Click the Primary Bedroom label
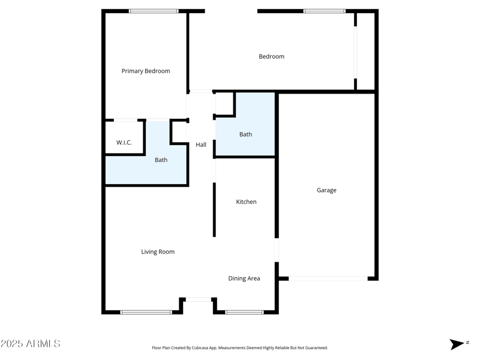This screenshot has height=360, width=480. tap(146, 71)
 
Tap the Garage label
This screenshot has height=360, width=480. tap(326, 190)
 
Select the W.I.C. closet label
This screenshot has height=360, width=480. tap(124, 142)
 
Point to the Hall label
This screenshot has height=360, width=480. tap(201, 145)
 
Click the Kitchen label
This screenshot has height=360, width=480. tap(246, 202)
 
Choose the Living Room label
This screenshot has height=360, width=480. tap(158, 252)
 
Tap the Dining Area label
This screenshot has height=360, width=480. tap(244, 278)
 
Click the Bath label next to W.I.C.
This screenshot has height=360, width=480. tap(161, 160)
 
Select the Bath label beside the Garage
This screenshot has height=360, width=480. tap(245, 134)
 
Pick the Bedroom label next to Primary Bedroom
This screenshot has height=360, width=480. tap(271, 56)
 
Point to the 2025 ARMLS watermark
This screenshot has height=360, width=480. tap(31, 344)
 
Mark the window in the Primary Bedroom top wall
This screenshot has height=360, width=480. tap(154, 11)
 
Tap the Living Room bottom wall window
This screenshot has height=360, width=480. tap(146, 312)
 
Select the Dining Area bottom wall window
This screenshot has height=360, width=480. tap(244, 312)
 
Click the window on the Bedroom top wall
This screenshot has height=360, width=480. tap(324, 11)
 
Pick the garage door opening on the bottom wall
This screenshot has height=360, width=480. tap(328, 278)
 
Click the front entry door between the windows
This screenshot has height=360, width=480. tap(198, 299)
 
